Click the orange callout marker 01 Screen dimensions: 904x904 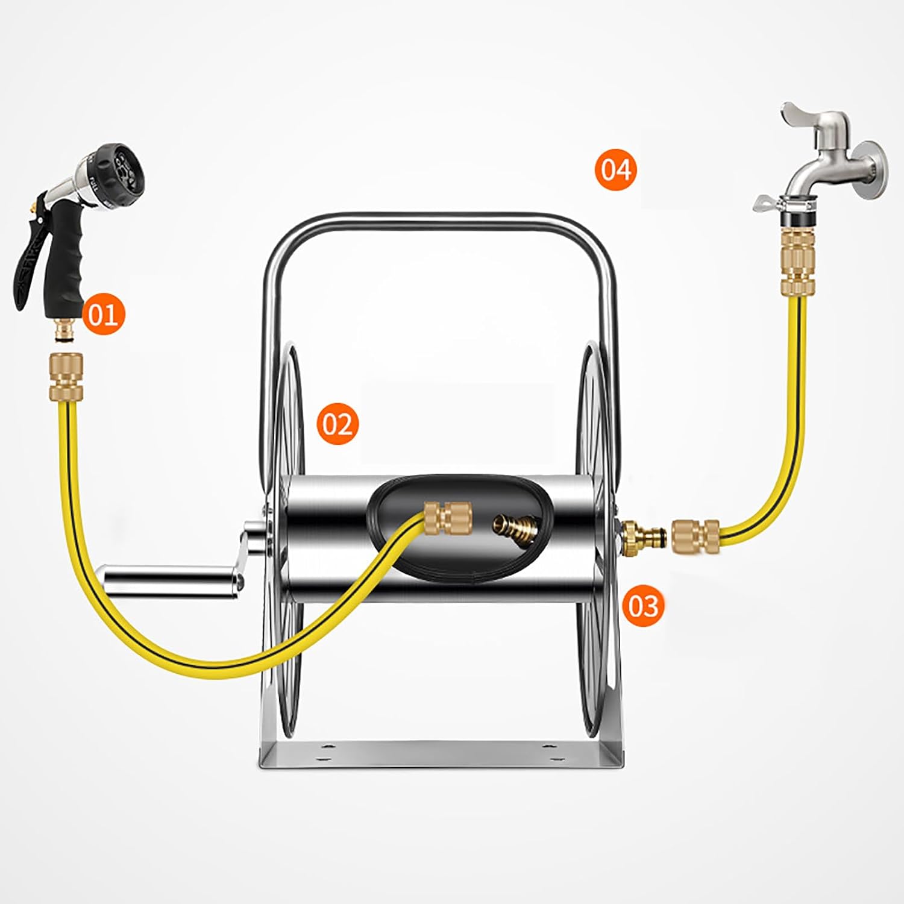pos(103,314)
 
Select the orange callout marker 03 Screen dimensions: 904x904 pos(644,604)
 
